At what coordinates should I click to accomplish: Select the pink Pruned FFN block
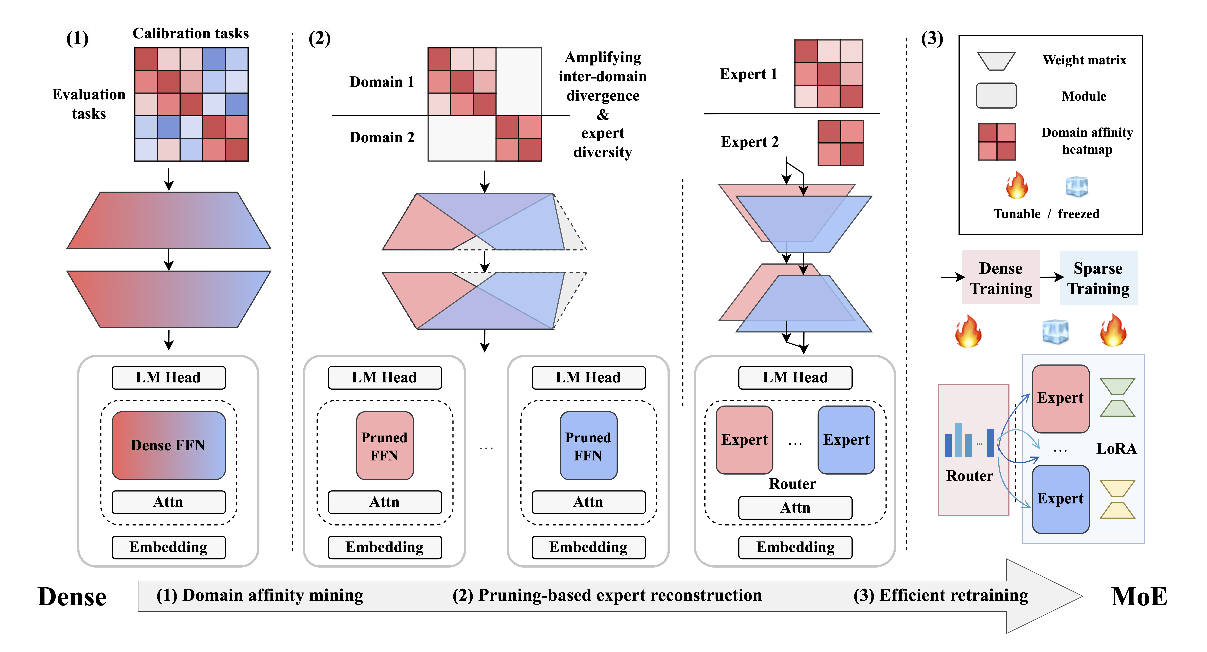pos(385,446)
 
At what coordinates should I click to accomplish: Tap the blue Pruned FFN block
pos(588,446)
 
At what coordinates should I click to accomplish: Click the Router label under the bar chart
pos(969,476)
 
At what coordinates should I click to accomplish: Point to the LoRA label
pos(1117,449)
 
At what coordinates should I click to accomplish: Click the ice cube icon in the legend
pos(1077,186)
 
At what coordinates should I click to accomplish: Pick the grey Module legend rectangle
pos(996,96)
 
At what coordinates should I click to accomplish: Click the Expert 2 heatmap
pos(841,143)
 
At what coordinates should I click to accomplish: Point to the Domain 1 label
pos(382,82)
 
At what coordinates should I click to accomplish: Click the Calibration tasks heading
pos(191,33)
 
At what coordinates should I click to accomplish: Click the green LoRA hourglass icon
pos(1118,397)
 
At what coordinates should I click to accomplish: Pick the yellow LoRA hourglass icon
pos(1118,499)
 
